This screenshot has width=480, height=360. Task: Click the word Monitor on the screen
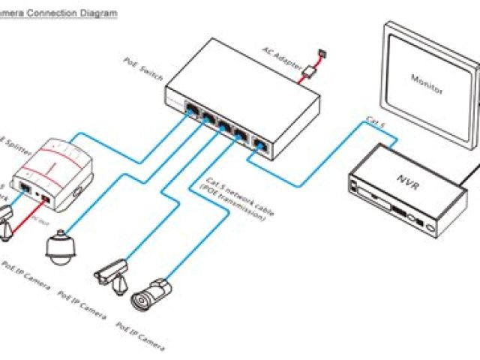point(427,83)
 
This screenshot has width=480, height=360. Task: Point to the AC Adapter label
point(274,55)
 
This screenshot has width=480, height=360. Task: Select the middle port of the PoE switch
point(224,128)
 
